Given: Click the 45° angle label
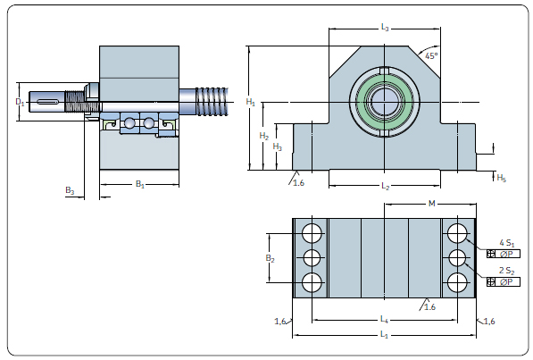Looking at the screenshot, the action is pos(431,56).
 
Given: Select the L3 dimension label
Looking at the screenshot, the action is pos(385,27).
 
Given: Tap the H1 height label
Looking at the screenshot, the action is pos(250,102).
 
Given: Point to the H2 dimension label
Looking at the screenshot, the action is pos(263,136).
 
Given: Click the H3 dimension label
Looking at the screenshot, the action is pos(278,147).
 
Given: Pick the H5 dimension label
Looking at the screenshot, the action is pos(502,178).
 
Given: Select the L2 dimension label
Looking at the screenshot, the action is pos(385,186).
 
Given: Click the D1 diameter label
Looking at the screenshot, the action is pos(20,102).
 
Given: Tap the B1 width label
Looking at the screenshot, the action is pos(139,184).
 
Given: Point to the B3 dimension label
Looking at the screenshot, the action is pos(70,190).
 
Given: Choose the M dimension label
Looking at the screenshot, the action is pos(431,204).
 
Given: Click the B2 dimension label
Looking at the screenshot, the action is pos(270,258).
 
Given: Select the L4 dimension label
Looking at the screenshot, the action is pos(384,319).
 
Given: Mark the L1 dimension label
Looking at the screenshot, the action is pos(384,335).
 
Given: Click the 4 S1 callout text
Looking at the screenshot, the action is pos(507,243).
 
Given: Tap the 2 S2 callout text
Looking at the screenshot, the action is pos(507,271).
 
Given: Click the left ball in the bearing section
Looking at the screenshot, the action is pos(129,123).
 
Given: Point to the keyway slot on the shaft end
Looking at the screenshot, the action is pos(47,102).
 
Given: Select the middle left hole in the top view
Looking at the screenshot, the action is pos(312,258).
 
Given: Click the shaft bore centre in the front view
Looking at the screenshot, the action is pos(384,102).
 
